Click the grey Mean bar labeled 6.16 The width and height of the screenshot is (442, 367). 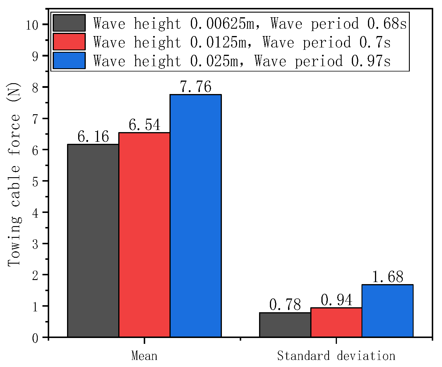(93, 240)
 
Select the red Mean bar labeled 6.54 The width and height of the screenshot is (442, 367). (144, 234)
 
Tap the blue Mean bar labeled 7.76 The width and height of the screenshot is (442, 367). (196, 216)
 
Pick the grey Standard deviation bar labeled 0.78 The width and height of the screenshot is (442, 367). (285, 325)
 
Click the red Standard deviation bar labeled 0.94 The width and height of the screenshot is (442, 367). (336, 322)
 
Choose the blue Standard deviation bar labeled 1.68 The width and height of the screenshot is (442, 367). (387, 311)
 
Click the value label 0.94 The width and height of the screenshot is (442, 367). (337, 300)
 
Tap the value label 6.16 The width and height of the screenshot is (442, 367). (93, 137)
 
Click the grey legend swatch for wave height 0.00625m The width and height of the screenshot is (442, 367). (69, 23)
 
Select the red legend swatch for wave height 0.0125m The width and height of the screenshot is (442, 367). (69, 42)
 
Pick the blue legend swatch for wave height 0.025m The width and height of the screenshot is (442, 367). (69, 61)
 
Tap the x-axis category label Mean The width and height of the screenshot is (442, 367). (144, 356)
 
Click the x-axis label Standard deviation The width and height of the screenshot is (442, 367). (336, 356)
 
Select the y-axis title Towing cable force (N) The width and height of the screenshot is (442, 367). (14, 175)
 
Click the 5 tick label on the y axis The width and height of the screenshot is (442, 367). (35, 181)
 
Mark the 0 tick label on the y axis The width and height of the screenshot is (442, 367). (35, 338)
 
